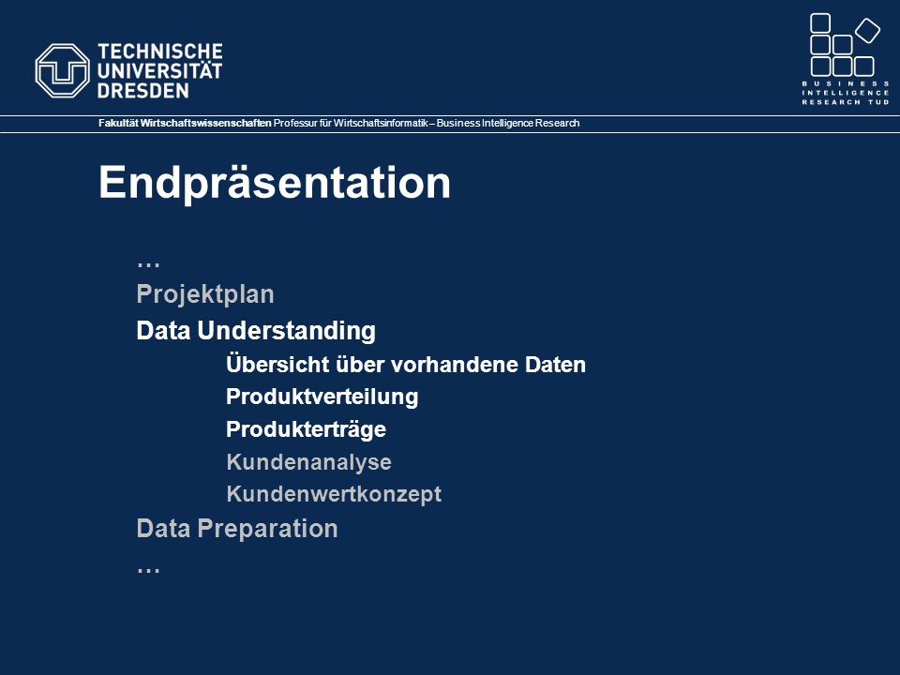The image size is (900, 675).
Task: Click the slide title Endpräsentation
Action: click(275, 183)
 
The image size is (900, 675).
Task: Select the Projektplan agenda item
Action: click(205, 294)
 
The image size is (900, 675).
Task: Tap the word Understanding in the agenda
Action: click(287, 331)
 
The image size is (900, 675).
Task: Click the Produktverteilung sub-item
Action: click(322, 397)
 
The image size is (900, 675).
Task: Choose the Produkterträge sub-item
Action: click(306, 429)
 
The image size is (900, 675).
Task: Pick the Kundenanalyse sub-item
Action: click(308, 462)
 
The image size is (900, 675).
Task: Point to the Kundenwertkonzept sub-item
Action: click(334, 494)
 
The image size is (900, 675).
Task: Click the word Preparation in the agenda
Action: click(267, 529)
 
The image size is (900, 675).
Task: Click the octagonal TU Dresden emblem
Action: click(62, 70)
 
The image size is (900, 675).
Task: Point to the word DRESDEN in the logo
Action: click(142, 91)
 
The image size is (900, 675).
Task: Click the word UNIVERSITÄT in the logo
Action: click(159, 70)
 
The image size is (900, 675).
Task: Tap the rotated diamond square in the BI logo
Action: click(867, 30)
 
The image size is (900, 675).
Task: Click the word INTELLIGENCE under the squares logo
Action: click(846, 93)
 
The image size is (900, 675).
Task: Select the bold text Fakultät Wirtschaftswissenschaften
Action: click(185, 124)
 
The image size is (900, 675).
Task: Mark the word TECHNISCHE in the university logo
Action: click(160, 51)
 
